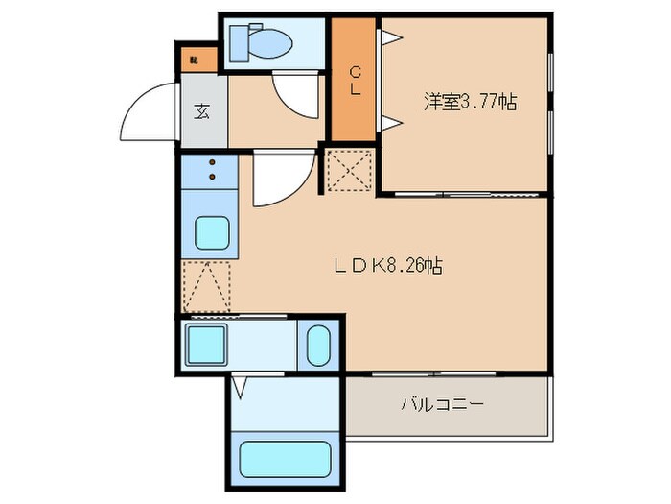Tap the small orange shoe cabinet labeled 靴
(193, 60)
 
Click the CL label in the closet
(355, 80)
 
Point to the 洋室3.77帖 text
(470, 101)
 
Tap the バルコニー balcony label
(442, 404)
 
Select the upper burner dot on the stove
(211, 164)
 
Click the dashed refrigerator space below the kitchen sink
(207, 286)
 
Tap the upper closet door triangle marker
(391, 36)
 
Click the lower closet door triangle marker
(391, 121)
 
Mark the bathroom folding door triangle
(240, 388)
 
